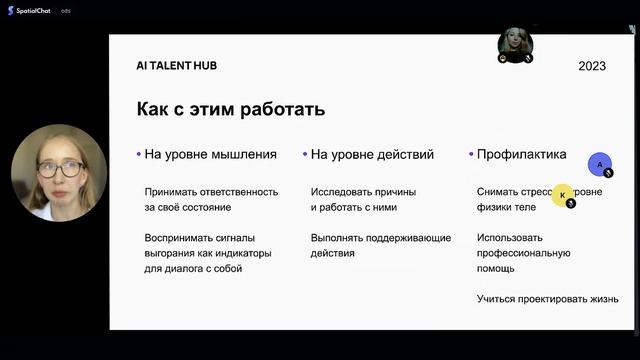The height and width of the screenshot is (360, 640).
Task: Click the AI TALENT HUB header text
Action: click(176, 65)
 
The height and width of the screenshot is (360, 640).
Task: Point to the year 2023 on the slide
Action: click(592, 66)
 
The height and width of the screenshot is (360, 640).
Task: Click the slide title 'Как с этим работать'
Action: click(231, 109)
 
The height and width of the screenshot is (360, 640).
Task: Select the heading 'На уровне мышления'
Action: click(211, 155)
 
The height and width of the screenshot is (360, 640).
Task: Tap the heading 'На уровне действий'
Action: click(372, 155)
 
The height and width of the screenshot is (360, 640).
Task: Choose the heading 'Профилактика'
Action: click(522, 155)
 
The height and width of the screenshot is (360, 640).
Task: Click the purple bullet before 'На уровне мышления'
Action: click(138, 155)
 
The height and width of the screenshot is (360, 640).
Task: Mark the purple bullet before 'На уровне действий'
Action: click(304, 155)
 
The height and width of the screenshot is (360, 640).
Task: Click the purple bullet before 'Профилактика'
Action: click(471, 155)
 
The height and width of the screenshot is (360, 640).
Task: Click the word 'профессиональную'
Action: click(524, 254)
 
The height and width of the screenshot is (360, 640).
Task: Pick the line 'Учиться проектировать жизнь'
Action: click(547, 299)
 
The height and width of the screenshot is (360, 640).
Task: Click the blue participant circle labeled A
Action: click(600, 164)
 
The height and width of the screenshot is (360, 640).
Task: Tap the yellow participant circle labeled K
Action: click(563, 195)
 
